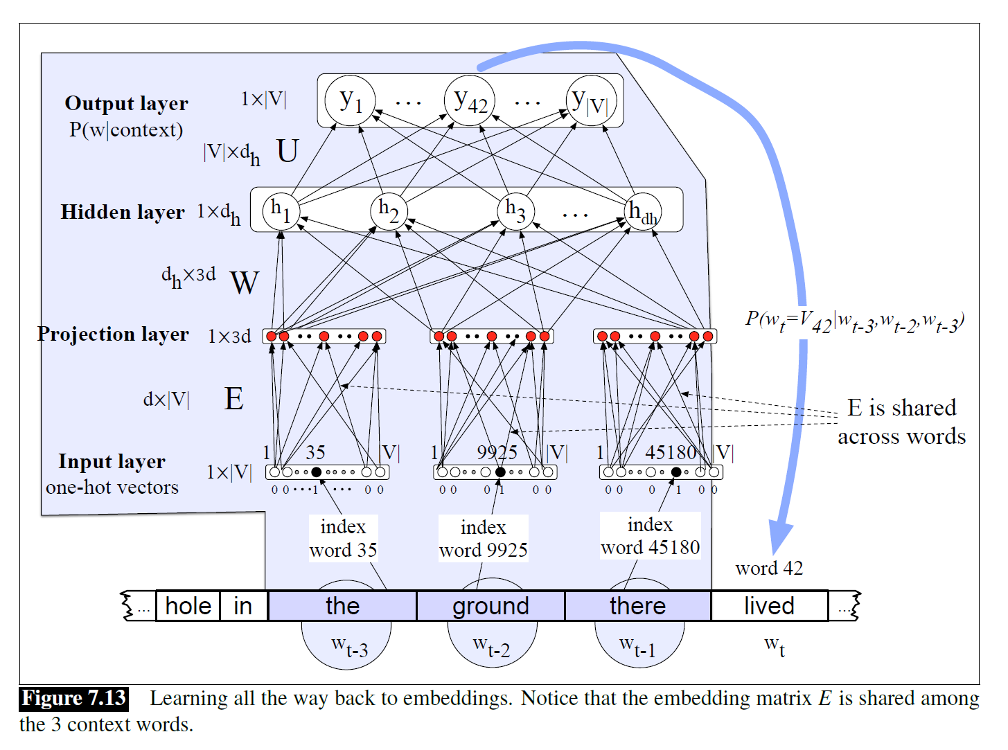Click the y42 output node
tap(470, 101)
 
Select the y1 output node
tap(351, 101)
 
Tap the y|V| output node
tap(591, 101)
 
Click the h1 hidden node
tap(281, 211)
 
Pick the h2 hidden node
tap(389, 211)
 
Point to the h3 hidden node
tap(515, 211)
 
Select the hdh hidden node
tap(642, 211)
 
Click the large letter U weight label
tap(288, 151)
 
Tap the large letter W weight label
tap(245, 283)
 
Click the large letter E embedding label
tap(234, 399)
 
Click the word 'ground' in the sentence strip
tap(490, 606)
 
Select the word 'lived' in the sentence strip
tap(769, 606)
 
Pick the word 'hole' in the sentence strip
tap(188, 606)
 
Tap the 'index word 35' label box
tap(343, 538)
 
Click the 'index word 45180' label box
tap(650, 536)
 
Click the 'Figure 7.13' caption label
tap(73, 698)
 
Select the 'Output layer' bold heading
tap(126, 103)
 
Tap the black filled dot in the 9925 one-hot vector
tap(500, 472)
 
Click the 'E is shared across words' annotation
tap(901, 422)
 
